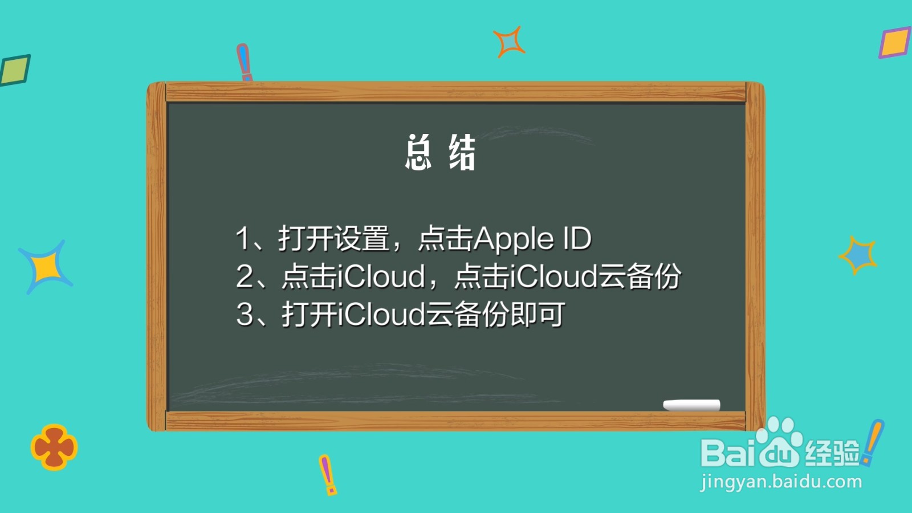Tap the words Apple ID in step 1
(x=532, y=239)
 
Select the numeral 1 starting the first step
(x=242, y=238)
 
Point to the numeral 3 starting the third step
(x=245, y=314)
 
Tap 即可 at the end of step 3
(x=538, y=314)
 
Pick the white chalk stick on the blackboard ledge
(x=691, y=405)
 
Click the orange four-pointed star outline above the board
(x=509, y=42)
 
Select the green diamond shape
(x=15, y=70)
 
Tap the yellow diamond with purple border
(x=894, y=42)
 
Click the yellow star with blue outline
(x=46, y=267)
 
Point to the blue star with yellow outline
(x=858, y=255)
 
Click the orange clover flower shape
(x=54, y=447)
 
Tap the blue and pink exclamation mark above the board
(x=245, y=62)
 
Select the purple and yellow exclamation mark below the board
(x=328, y=475)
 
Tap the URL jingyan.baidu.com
(x=781, y=482)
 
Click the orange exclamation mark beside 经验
(x=873, y=442)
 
